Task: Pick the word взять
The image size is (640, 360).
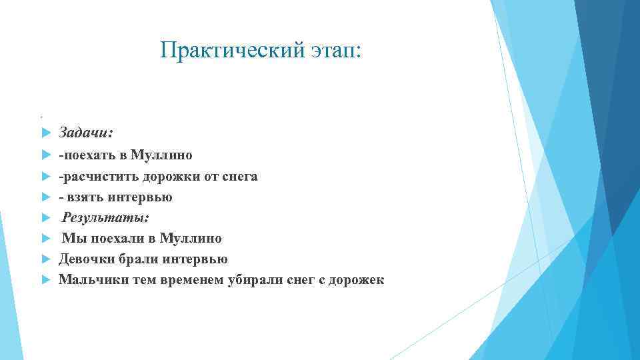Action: pos(83,197)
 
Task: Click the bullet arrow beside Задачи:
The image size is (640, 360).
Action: pos(45,133)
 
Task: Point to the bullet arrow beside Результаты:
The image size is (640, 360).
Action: pos(45,218)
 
